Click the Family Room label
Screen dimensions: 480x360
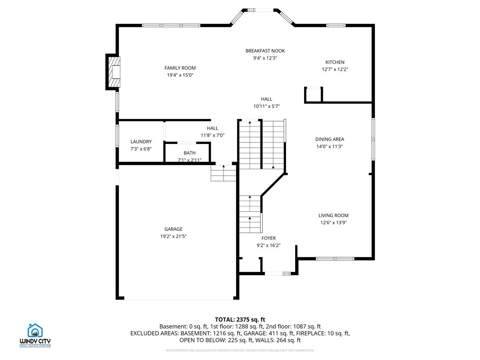coord(180,68)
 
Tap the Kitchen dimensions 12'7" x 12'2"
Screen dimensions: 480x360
coord(335,69)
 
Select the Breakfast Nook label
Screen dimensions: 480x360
coord(265,51)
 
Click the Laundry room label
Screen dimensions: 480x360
coord(141,142)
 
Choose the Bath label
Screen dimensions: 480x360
coord(190,153)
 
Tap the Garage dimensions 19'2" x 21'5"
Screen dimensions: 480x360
coord(174,236)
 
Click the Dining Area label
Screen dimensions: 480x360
coord(330,139)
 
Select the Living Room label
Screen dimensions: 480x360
coord(334,215)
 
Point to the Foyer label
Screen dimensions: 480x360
coord(268,238)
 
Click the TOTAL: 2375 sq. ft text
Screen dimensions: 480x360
coord(240,320)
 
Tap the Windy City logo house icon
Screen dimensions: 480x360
coord(35,330)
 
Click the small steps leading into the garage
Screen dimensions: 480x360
coord(223,173)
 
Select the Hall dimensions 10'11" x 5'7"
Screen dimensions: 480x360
coord(266,106)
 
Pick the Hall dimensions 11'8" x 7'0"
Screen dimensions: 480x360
coord(212,135)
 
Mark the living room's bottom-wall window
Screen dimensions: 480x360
coord(335,259)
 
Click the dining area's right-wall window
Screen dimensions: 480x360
coord(373,139)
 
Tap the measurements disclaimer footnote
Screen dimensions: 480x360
coord(240,350)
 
